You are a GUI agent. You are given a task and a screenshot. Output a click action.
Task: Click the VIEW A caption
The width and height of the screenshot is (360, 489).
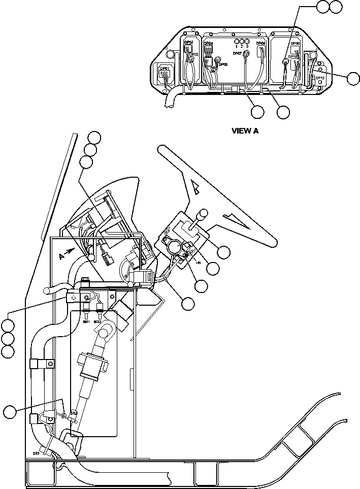point(245,131)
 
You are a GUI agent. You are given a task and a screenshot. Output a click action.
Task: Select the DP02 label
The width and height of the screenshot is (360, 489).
point(188,43)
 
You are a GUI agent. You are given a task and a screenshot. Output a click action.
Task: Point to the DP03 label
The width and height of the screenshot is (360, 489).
point(193,54)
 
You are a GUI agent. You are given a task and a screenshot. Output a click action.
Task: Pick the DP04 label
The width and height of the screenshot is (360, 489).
point(208,44)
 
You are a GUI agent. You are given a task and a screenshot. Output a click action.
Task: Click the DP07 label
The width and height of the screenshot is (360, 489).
point(237,53)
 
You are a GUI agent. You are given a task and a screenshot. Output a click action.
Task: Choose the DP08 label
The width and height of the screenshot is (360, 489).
point(260,44)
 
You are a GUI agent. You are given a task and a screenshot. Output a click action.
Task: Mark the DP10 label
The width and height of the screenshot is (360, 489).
point(295,44)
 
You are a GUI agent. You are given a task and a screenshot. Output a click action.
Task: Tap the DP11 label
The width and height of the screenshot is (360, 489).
point(293,57)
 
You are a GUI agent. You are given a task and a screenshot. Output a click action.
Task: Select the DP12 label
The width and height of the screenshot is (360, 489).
point(320,78)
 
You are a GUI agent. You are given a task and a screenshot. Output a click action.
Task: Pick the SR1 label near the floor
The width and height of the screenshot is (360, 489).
point(37,453)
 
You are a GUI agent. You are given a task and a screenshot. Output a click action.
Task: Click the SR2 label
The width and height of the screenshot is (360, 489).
point(74,413)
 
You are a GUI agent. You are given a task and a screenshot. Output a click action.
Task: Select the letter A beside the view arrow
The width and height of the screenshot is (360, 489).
point(61,256)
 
